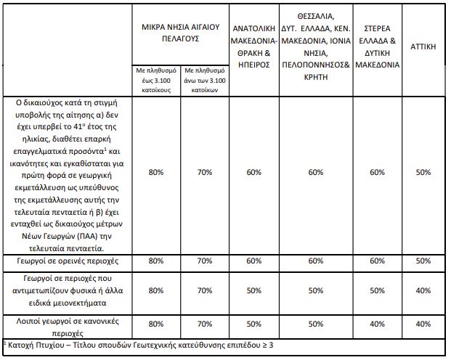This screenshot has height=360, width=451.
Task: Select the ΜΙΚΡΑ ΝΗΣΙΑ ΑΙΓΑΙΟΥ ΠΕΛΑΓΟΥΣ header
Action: pos(179,33)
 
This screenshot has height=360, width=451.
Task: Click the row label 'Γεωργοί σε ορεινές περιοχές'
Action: pos(68,260)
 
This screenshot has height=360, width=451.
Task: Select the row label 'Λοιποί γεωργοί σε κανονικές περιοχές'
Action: pos(68,324)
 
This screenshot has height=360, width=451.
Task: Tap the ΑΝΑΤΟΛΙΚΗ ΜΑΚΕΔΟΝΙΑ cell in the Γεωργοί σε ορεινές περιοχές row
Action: pos(253,260)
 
